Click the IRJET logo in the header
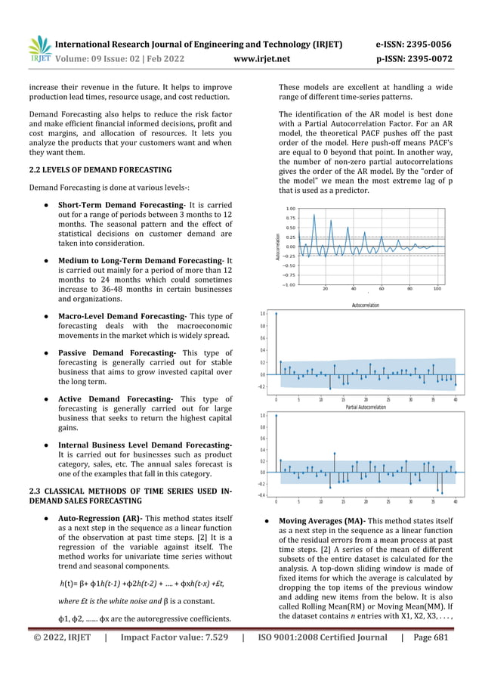pyautogui.click(x=39, y=48)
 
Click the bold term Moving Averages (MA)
pyautogui.click(x=325, y=521)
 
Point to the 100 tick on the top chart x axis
pyautogui.click(x=437, y=288)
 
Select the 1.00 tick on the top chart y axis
pyautogui.click(x=290, y=209)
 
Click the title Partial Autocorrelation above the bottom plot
pyautogui.click(x=366, y=407)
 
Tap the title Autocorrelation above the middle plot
pyautogui.click(x=366, y=305)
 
